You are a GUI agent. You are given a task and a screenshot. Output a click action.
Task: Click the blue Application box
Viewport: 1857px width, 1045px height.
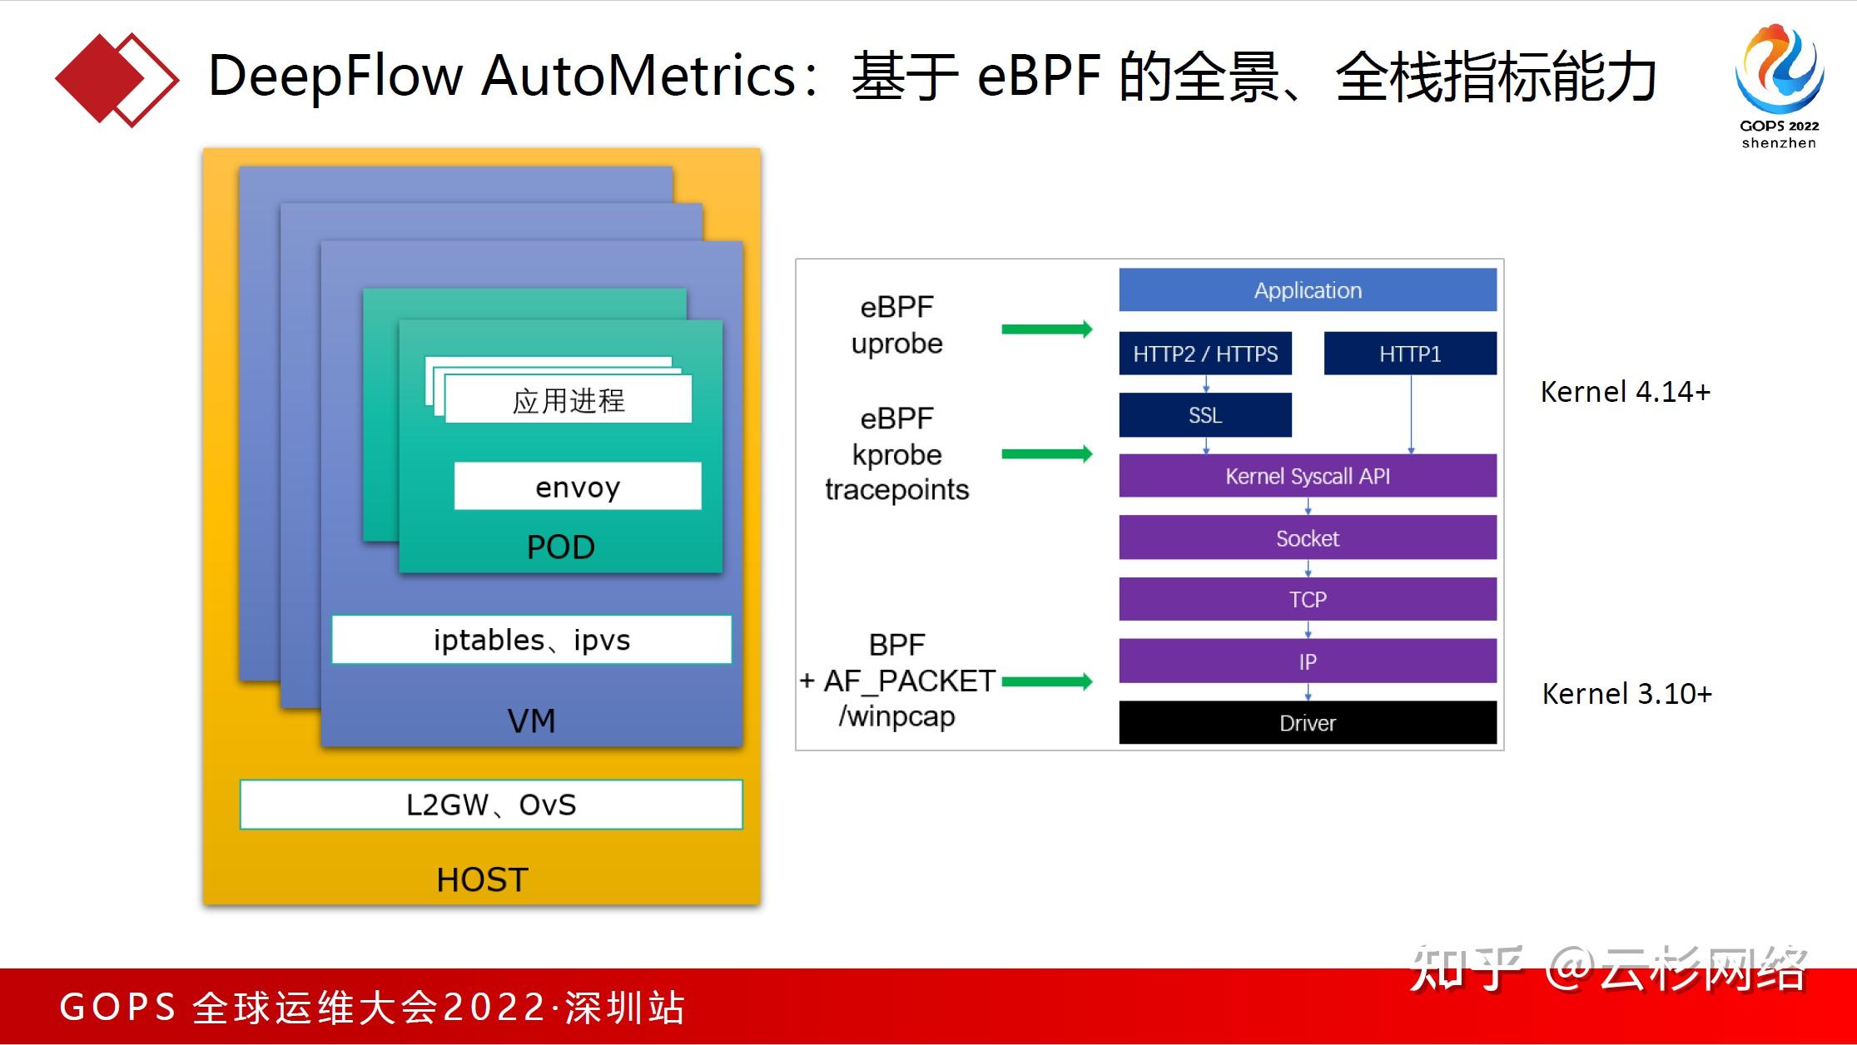pos(1307,290)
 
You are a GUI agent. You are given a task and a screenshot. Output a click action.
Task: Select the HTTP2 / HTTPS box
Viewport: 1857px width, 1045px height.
pos(1204,354)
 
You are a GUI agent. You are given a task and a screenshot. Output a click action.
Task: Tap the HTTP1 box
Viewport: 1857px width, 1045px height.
pos(1409,354)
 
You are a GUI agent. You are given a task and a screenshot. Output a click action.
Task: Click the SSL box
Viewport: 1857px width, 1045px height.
pos(1204,414)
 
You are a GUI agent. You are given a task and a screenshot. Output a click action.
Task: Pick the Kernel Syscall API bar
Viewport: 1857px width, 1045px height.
pos(1307,476)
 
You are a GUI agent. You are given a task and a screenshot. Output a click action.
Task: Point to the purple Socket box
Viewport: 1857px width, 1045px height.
pos(1307,537)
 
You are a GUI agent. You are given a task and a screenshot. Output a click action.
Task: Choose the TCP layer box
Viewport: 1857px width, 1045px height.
pos(1307,599)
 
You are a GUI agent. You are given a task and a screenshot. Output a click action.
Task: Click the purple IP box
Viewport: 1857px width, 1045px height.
pos(1307,661)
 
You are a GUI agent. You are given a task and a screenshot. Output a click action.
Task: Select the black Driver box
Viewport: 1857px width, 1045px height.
pos(1307,722)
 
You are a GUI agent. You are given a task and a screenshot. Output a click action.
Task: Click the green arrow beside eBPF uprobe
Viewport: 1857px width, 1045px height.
pos(1046,329)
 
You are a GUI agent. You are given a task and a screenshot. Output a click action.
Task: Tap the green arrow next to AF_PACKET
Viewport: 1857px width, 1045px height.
pos(1046,682)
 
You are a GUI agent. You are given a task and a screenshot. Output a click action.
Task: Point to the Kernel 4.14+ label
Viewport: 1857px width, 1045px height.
pos(1625,391)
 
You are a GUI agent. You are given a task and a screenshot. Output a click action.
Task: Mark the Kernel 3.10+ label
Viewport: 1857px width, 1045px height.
pos(1626,693)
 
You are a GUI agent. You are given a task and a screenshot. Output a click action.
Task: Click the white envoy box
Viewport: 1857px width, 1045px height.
pos(578,487)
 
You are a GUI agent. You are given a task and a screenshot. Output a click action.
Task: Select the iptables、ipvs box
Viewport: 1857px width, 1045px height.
pos(531,640)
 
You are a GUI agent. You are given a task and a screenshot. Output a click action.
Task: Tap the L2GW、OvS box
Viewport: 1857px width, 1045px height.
pos(491,805)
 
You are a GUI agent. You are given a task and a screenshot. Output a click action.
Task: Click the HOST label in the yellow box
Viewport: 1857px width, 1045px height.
pos(482,879)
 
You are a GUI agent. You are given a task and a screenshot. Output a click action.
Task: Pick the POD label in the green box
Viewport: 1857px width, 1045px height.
pos(560,547)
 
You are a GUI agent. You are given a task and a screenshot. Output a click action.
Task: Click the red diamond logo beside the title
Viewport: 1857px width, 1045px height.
pos(116,80)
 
